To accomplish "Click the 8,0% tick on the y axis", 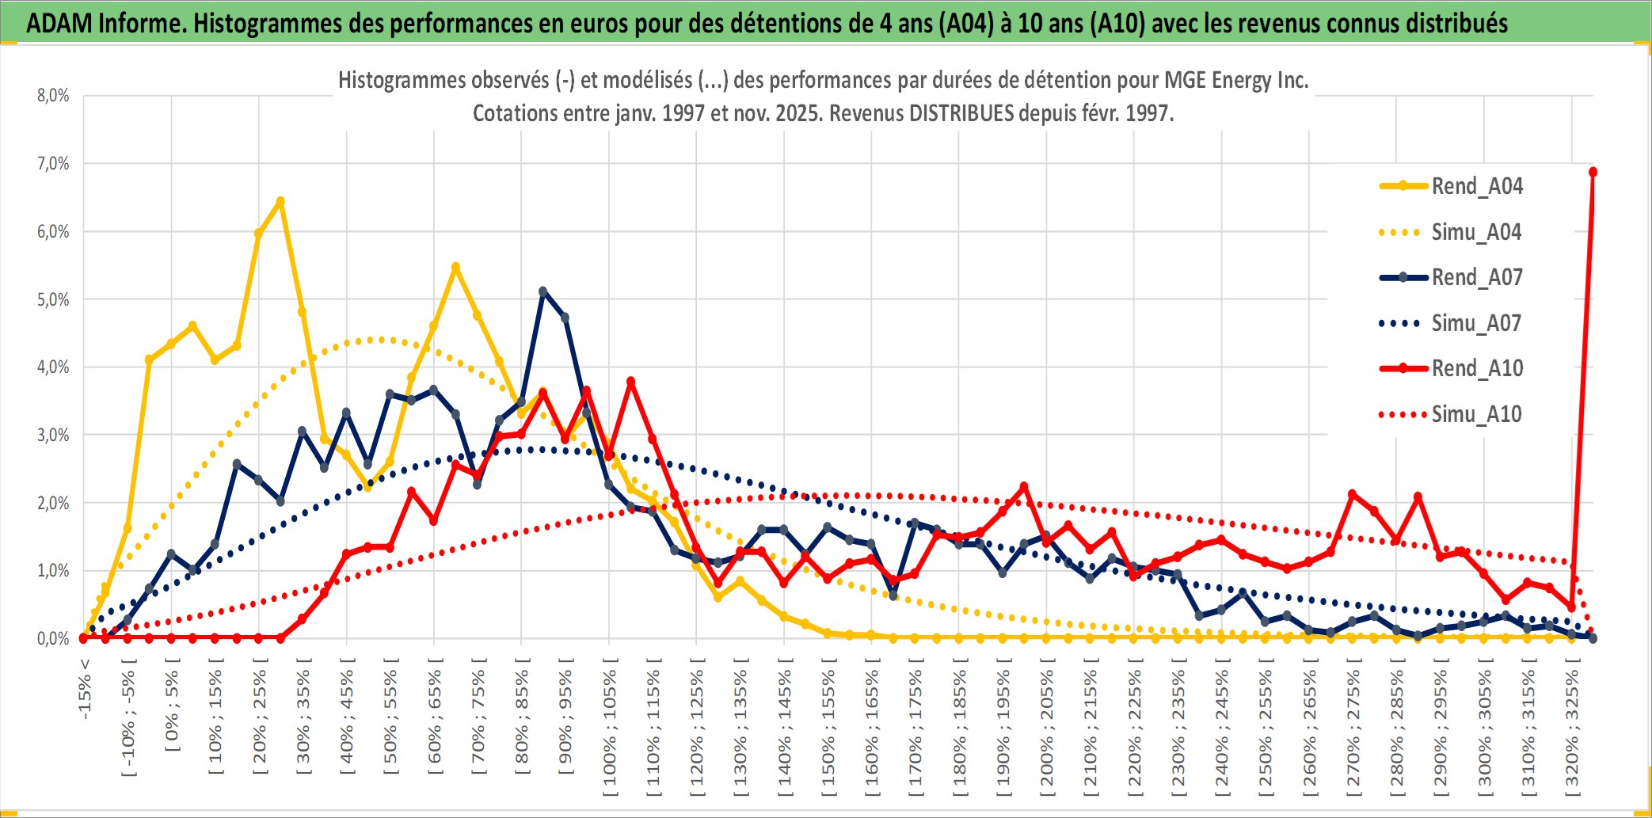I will [53, 96].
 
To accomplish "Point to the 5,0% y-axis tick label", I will [53, 299].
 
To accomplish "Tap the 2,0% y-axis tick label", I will [53, 503].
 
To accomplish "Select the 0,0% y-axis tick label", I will [53, 638].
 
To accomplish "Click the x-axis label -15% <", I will [85, 689].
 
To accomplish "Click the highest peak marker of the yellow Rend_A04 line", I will [280, 201].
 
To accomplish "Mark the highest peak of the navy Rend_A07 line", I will [543, 291].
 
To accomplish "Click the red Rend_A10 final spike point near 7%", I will [1593, 172].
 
